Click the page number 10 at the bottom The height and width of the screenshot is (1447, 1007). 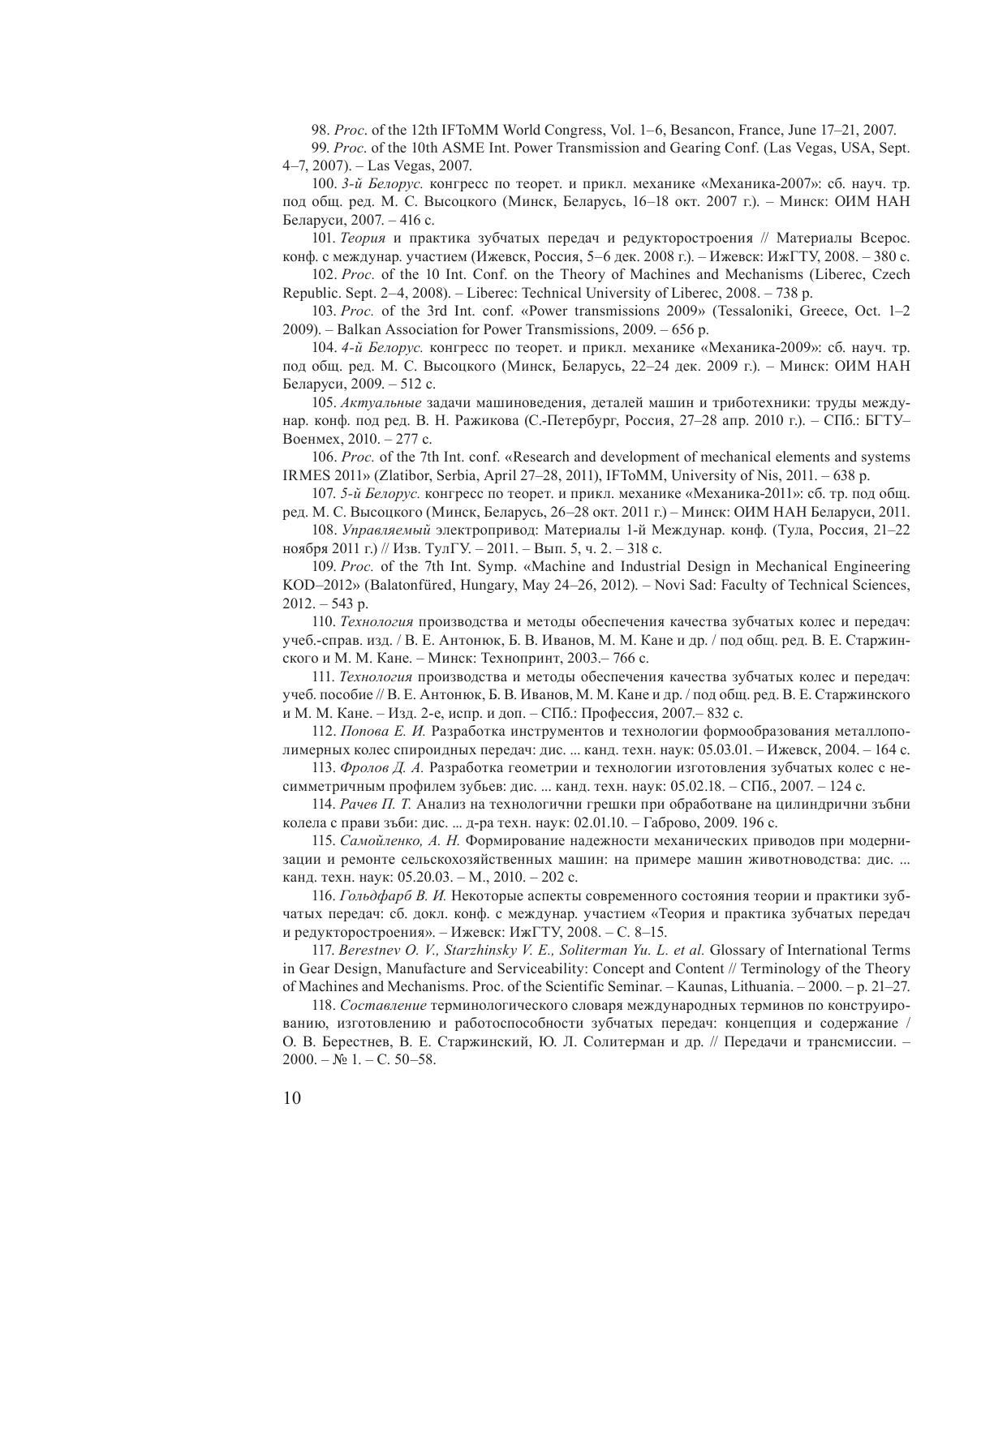point(292,1099)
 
